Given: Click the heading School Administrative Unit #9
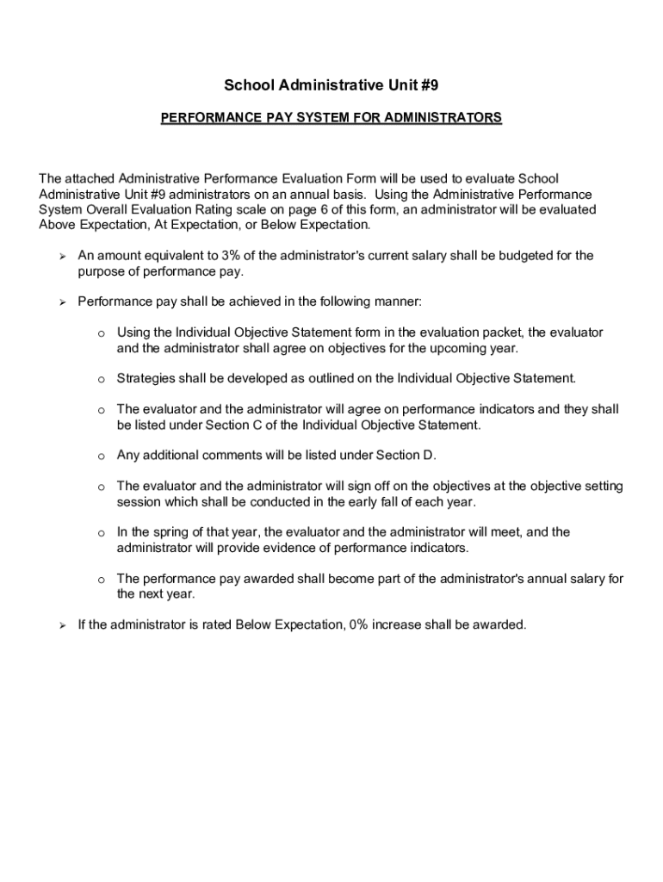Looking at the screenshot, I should tap(331, 84).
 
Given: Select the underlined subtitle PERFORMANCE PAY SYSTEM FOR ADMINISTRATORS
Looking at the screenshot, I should tap(331, 116).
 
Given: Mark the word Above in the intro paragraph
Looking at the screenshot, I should tap(58, 225).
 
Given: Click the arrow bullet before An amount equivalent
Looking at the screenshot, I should tap(62, 257).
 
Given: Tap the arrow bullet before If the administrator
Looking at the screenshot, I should tap(62, 625).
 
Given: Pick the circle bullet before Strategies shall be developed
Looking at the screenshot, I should tap(101, 380).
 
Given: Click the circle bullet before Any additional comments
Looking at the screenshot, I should tap(101, 457).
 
